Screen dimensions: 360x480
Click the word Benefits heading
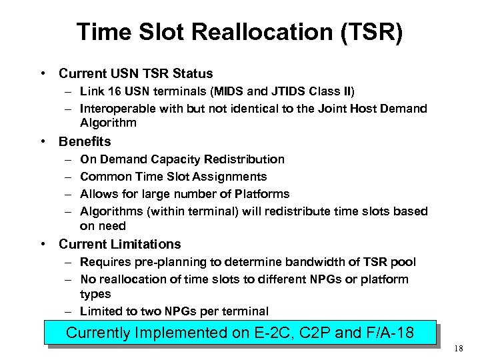85,141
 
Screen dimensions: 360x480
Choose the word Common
105,177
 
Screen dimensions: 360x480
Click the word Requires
104,262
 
